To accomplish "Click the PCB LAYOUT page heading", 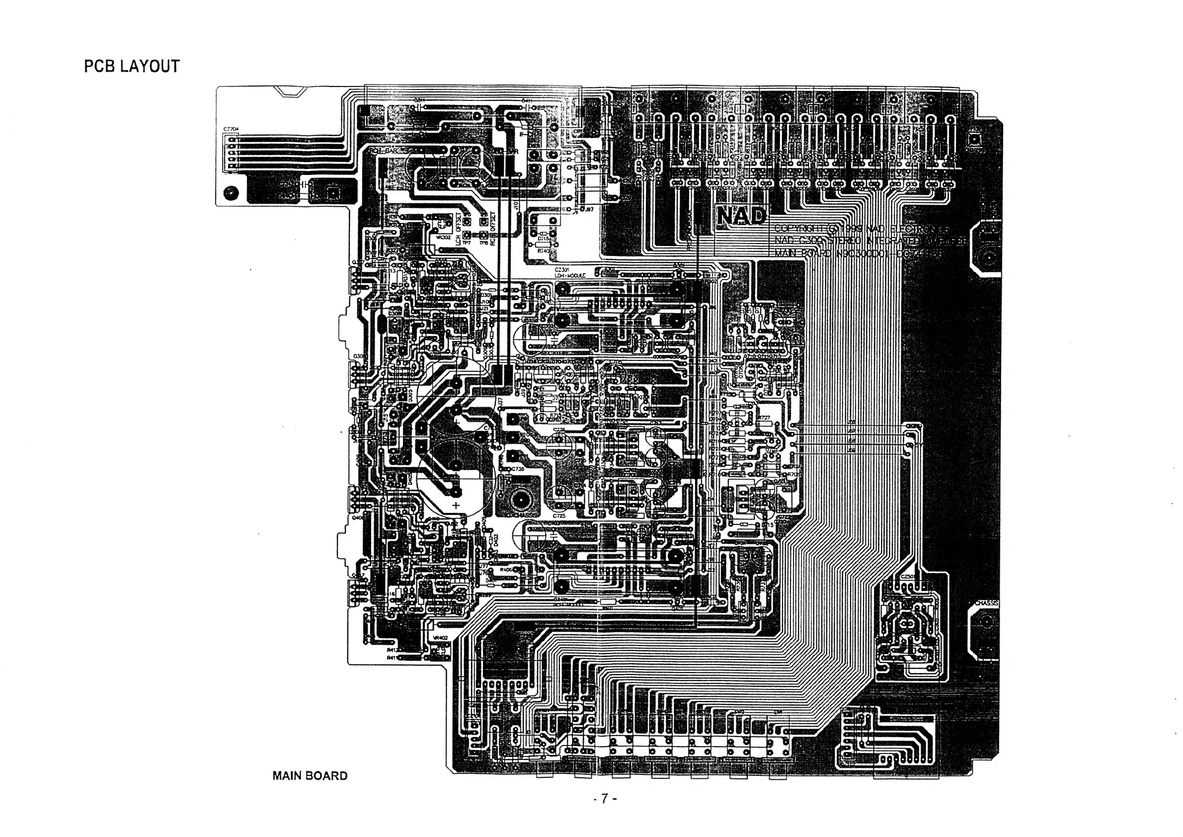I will [132, 67].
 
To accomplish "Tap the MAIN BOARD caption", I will [310, 776].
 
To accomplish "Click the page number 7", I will [605, 799].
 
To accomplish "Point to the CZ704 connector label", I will [231, 129].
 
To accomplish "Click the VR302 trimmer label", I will [443, 238].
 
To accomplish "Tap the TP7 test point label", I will [467, 242].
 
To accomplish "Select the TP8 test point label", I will [483, 242].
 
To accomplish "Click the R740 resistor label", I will [544, 251].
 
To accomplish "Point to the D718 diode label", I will [544, 239].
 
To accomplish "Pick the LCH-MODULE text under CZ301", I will [570, 276].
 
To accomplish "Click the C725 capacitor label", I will [559, 515].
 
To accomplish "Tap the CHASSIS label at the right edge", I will [986, 603].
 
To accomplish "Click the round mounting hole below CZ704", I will [232, 193].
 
